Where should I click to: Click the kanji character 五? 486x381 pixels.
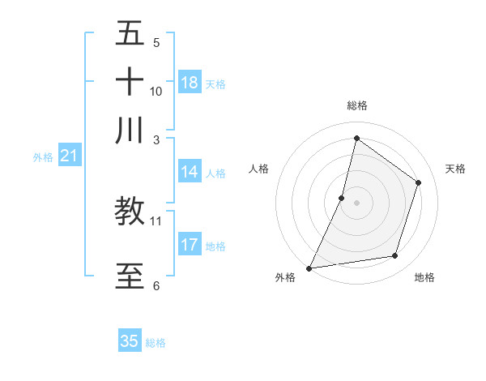[130, 35]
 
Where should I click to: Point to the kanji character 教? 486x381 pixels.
[130, 211]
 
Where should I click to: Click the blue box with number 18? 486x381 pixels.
[190, 83]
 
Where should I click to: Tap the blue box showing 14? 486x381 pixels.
[190, 172]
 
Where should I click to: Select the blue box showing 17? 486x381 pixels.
[190, 245]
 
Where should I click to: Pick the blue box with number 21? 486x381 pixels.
[68, 156]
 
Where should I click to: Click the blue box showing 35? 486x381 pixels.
[130, 341]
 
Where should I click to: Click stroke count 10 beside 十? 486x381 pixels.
[156, 92]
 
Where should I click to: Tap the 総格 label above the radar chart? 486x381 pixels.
[356, 105]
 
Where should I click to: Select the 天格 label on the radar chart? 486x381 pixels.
[455, 169]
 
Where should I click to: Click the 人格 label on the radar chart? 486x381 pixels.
[258, 169]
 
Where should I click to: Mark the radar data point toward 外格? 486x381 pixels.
[309, 268]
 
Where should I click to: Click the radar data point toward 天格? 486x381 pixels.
[419, 182]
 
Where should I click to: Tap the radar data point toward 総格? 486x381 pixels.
[356, 138]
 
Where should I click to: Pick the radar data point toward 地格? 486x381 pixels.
[395, 256]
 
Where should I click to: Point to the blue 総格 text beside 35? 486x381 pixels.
[156, 343]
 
